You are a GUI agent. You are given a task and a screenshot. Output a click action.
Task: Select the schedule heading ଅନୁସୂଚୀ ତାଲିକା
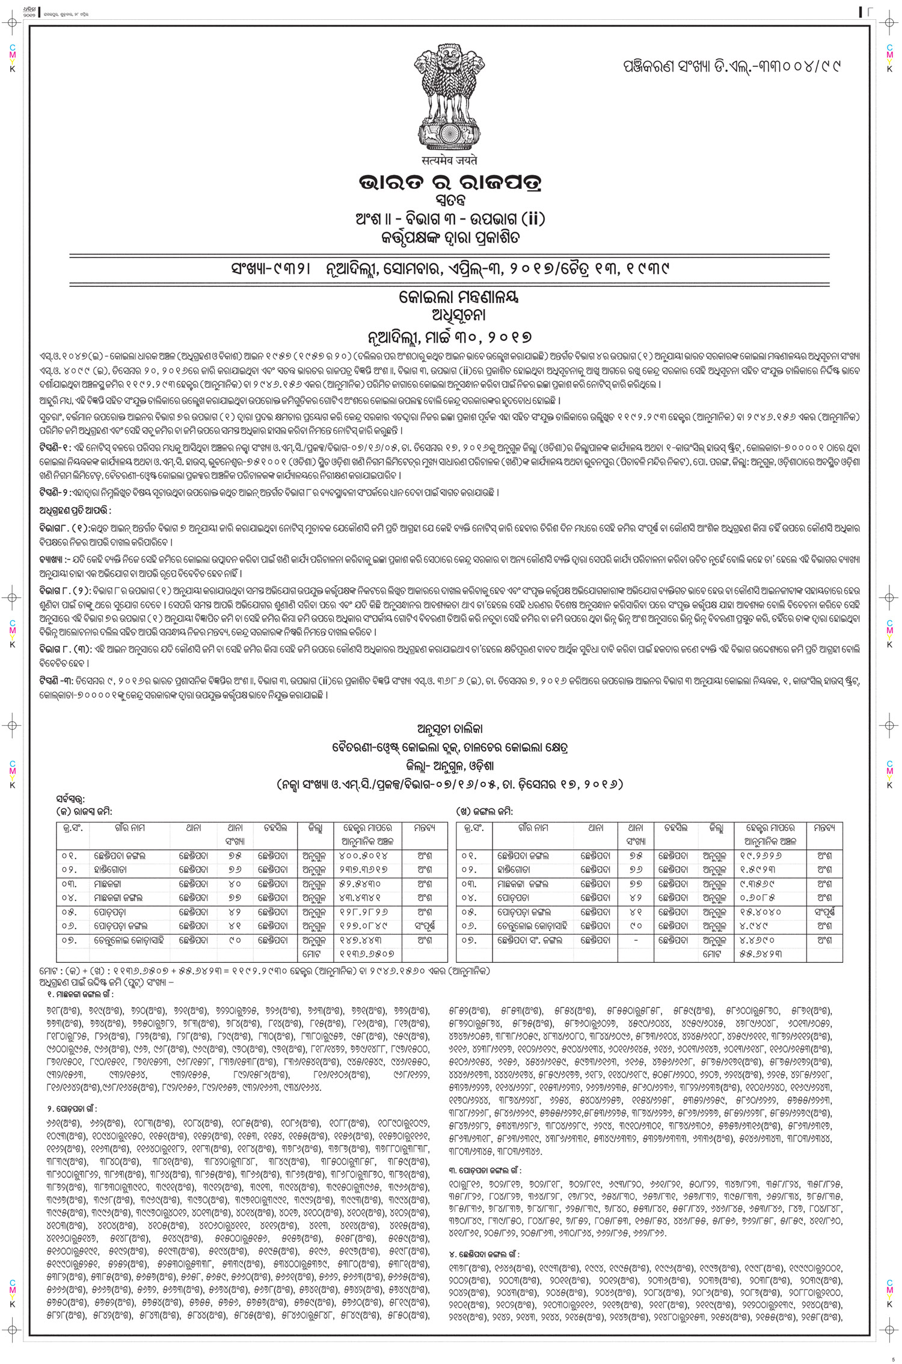(446, 730)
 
